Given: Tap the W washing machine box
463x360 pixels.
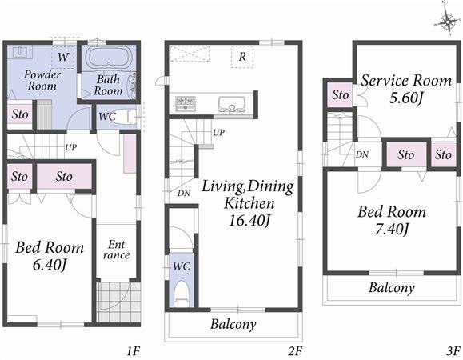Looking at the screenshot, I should (62, 58).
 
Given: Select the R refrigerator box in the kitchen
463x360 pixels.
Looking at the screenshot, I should (241, 56).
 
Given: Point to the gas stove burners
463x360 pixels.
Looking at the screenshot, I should (186, 102).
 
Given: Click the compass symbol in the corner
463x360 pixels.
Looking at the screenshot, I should (445, 22).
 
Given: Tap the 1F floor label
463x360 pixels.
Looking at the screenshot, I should (134, 350).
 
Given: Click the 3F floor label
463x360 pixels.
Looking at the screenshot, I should (453, 350).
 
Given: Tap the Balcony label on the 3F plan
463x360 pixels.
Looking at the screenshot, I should (391, 288).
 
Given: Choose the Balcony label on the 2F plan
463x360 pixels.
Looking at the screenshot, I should (233, 324).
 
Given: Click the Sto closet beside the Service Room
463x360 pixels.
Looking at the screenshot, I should (341, 95).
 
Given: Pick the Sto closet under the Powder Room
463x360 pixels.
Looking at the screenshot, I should (19, 114).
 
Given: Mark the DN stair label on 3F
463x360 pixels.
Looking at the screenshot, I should (362, 154).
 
